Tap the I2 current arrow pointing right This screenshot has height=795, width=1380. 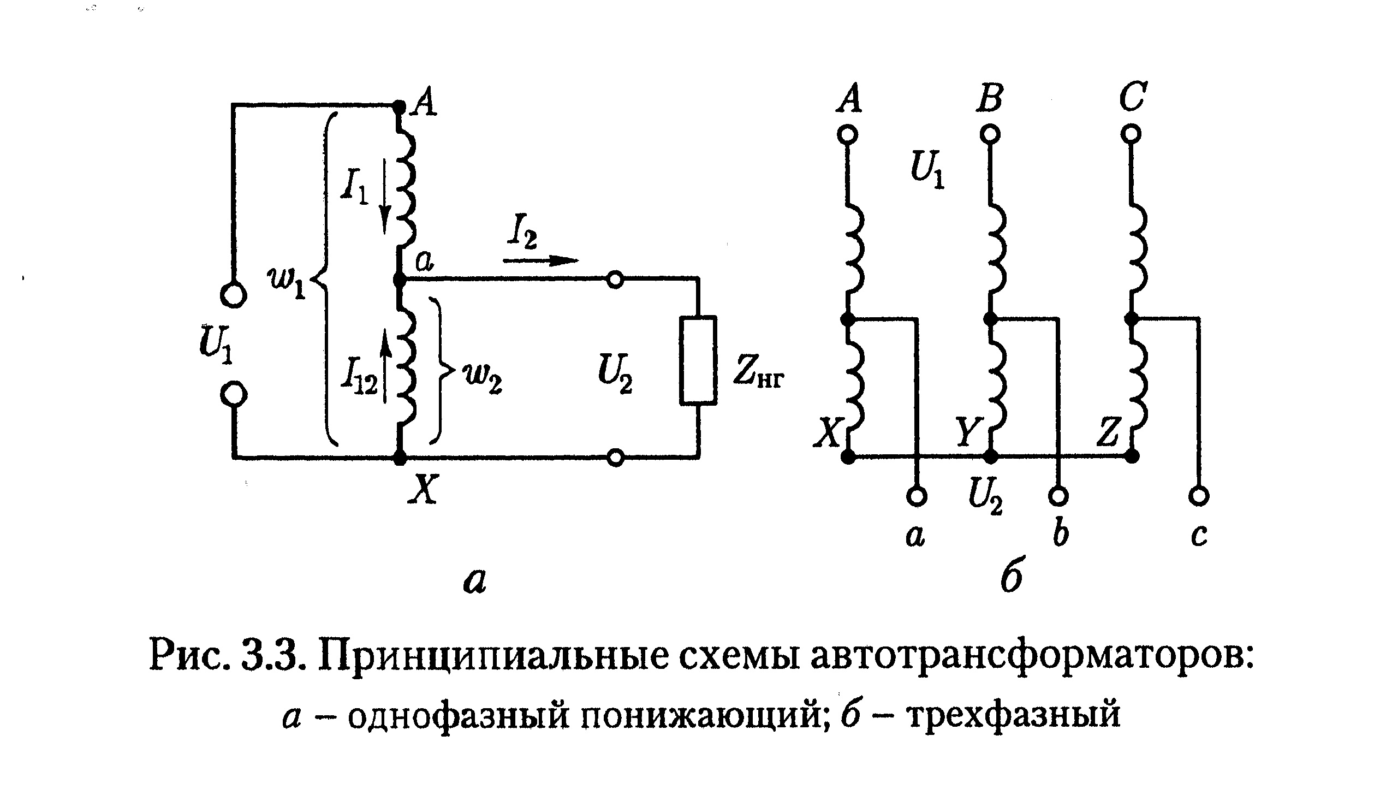[x=540, y=260]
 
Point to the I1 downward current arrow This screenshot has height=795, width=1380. [x=385, y=196]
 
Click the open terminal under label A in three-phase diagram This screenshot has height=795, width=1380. [x=848, y=134]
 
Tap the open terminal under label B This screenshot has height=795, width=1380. [x=989, y=134]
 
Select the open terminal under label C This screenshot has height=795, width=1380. [x=1132, y=134]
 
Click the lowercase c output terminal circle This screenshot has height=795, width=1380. [x=1199, y=496]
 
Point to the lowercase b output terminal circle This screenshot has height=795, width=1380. [x=1058, y=496]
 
